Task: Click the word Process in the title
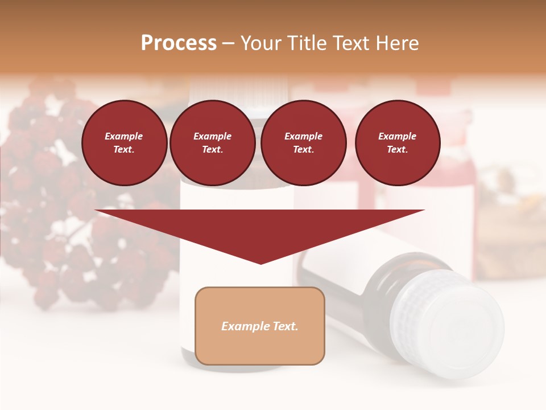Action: (x=179, y=43)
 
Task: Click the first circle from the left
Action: (x=124, y=142)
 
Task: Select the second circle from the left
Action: (x=212, y=142)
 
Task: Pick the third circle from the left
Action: (x=303, y=142)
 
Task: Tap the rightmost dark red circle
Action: (x=397, y=142)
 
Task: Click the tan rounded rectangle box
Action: (x=259, y=326)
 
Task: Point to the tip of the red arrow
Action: (x=260, y=263)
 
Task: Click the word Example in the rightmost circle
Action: (x=397, y=136)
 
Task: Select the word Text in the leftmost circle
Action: (x=123, y=149)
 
